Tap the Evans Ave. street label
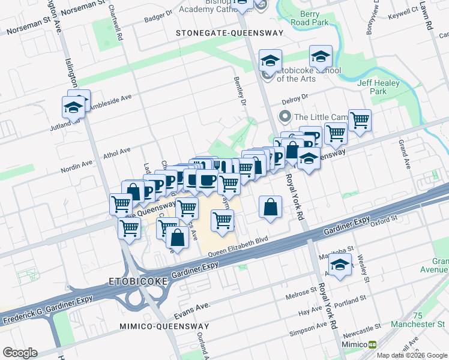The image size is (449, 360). [192, 310]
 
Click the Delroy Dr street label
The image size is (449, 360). [295, 96]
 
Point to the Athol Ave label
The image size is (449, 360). [117, 151]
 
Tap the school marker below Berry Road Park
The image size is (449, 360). [321, 58]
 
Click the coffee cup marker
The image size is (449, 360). [207, 181]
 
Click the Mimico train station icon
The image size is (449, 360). [372, 344]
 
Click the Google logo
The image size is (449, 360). [20, 353]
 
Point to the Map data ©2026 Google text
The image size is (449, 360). [412, 355]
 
